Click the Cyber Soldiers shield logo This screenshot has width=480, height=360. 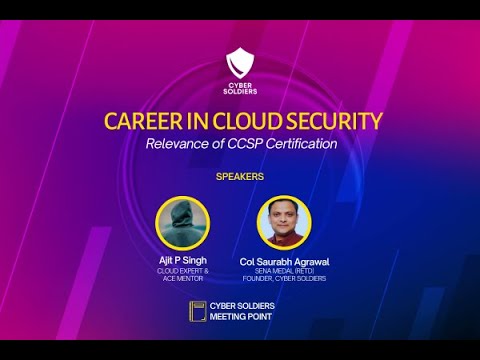coord(240,62)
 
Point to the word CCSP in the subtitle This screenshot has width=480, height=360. coord(244,143)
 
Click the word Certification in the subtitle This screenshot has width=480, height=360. coord(301,143)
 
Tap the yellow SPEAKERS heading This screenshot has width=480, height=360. coord(240,176)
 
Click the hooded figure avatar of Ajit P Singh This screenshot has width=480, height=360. coord(182,222)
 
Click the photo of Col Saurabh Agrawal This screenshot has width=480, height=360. coord(285,222)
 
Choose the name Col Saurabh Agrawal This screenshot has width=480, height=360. coord(285,261)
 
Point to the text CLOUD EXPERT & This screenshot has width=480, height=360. coord(181,271)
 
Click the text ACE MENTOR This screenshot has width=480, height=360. coord(181,278)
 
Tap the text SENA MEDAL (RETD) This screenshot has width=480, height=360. coord(285,271)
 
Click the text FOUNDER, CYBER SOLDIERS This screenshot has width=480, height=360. coord(285,278)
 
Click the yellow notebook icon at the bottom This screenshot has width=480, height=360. coord(197,310)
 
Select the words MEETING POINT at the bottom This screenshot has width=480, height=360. coord(243,317)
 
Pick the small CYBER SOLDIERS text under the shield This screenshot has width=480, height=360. coord(240,87)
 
